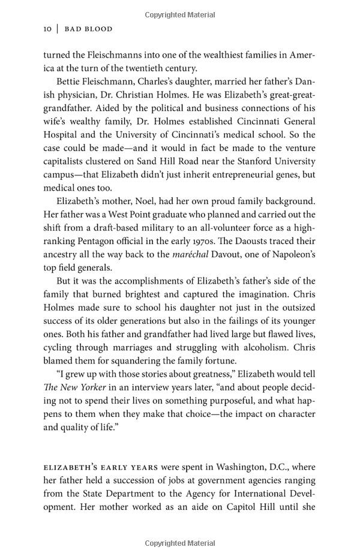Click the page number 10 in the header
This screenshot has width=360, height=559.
(49, 29)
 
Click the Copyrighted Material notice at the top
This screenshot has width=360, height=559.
(180, 13)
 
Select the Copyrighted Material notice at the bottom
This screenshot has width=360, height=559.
(180, 543)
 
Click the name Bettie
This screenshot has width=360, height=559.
(71, 82)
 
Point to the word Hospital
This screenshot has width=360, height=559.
(62, 135)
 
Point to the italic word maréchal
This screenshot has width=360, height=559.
(191, 254)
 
